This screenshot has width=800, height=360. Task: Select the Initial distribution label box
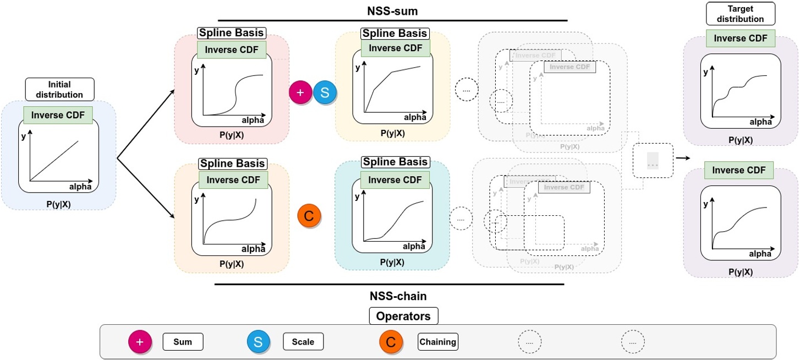pos(59,89)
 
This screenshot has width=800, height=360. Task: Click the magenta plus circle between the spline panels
pos(300,92)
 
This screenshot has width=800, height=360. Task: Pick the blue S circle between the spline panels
pos(325,92)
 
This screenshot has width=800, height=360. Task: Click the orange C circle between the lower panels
pos(309,216)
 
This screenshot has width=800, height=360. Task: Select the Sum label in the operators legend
pos(183,342)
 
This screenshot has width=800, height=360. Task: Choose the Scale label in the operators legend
pos(303,342)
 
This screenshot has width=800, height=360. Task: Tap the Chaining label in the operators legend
pos(437,342)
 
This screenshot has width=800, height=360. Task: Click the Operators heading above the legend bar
pos(403,316)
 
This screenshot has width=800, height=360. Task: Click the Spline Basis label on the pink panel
pos(232,33)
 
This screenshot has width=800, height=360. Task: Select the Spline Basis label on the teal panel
pos(394,162)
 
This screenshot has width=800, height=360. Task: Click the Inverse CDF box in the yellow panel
pos(395,48)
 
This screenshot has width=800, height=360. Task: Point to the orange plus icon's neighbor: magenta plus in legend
pos(140,342)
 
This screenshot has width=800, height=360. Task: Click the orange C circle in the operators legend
pos(391,342)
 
